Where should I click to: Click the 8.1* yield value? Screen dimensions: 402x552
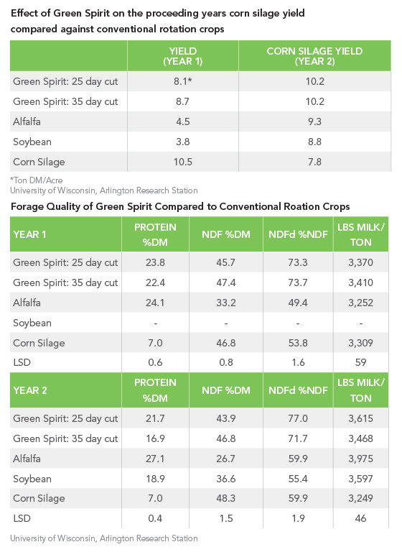[182, 81]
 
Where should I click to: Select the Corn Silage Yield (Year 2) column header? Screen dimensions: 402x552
[314, 56]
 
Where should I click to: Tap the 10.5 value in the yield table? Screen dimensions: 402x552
[182, 162]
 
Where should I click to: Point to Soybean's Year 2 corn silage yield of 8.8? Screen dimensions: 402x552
[314, 142]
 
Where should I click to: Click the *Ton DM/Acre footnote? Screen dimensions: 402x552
[36, 180]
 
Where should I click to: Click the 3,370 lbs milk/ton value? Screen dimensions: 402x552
[360, 262]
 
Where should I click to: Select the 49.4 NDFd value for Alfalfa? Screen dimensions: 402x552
[298, 303]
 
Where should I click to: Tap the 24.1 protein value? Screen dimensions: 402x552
[155, 303]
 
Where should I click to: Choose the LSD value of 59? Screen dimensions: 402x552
[361, 362]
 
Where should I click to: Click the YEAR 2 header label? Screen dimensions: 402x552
[30, 390]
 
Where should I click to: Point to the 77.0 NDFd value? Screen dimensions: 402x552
[298, 418]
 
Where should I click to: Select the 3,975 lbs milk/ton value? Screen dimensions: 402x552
[360, 459]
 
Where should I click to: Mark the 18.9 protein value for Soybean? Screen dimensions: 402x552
[155, 479]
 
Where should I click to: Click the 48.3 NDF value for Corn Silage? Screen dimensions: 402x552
[226, 499]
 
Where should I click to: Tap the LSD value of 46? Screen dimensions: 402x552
[361, 518]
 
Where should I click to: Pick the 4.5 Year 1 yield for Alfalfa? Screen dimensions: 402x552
[183, 121]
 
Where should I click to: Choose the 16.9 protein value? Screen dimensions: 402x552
[155, 438]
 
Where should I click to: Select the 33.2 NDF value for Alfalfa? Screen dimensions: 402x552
[226, 303]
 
